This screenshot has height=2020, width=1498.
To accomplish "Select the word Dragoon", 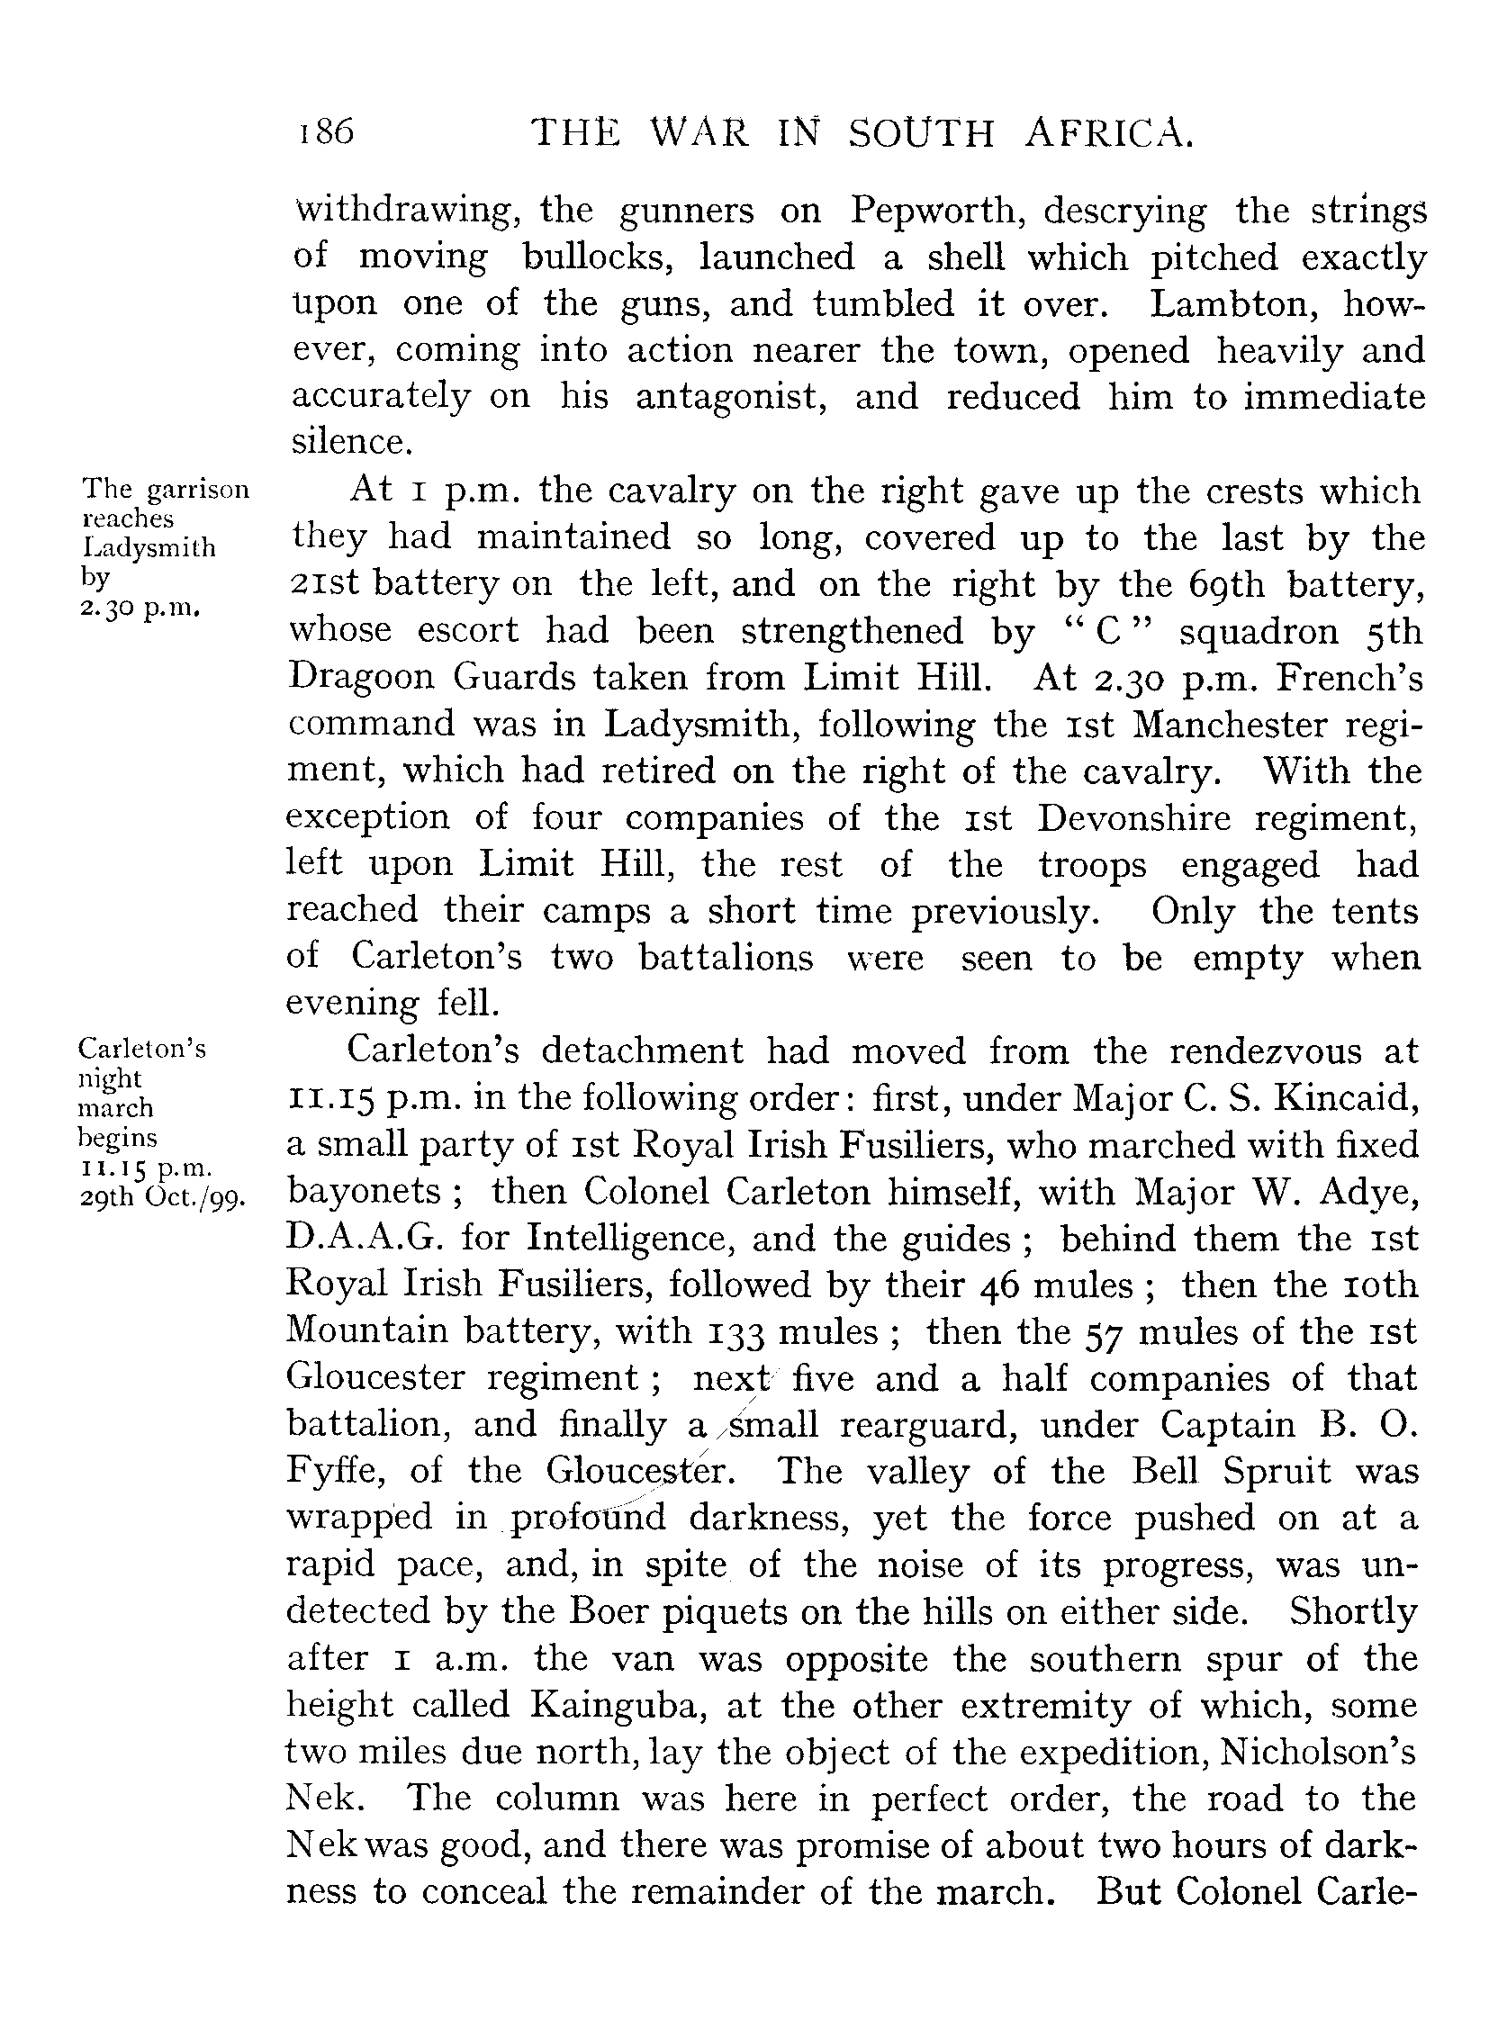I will pyautogui.click(x=356, y=677).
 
